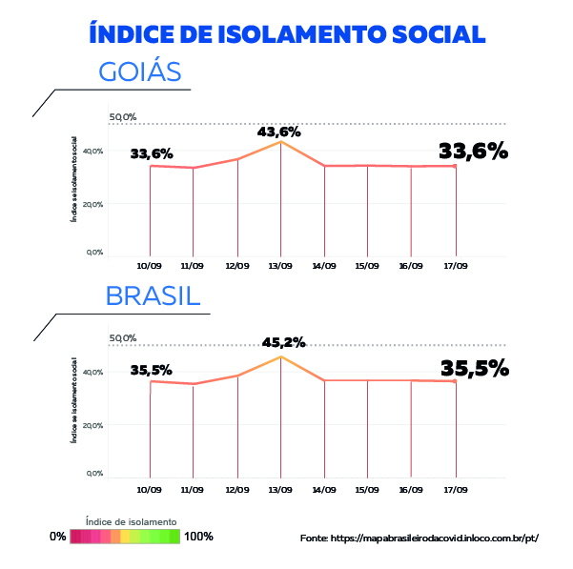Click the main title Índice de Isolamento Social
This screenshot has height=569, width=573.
pyautogui.click(x=286, y=33)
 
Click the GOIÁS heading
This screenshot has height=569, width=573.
pyautogui.click(x=140, y=73)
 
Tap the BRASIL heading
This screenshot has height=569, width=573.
pyautogui.click(x=153, y=295)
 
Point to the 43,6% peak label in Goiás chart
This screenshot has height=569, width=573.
pyautogui.click(x=278, y=132)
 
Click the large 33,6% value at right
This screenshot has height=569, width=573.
pyautogui.click(x=473, y=151)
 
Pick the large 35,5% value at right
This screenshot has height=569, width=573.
pyautogui.click(x=474, y=369)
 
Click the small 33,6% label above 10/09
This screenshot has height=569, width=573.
pyautogui.click(x=152, y=152)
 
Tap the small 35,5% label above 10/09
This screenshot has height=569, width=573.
pyautogui.click(x=152, y=371)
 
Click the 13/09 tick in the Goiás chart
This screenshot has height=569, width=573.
pyautogui.click(x=280, y=266)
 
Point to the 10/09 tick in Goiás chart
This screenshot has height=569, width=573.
pyautogui.click(x=150, y=266)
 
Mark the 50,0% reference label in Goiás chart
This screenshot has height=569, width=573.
pyautogui.click(x=123, y=117)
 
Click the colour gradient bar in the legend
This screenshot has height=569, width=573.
pyautogui.click(x=124, y=537)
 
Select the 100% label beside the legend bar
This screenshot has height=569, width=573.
pyautogui.click(x=198, y=537)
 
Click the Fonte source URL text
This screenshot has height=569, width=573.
pyautogui.click(x=420, y=539)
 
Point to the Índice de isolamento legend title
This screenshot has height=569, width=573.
pyautogui.click(x=131, y=521)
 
